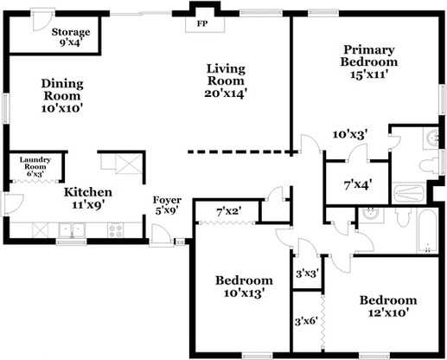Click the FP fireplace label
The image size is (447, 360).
click(202, 23)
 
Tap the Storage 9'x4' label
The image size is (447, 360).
click(71, 37)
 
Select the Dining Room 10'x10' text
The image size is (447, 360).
click(62, 96)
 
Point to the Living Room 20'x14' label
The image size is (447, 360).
click(226, 81)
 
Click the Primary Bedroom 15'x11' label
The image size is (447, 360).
click(369, 62)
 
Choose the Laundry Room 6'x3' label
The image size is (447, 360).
click(35, 167)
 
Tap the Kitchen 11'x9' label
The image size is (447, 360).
click(88, 198)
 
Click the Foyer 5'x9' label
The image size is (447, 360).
click(167, 205)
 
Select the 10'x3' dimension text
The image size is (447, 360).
click(350, 134)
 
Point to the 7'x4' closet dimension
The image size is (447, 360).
click(358, 185)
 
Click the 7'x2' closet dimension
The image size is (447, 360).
click(229, 212)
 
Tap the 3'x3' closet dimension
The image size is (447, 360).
click(307, 273)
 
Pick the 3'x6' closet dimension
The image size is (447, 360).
click(306, 321)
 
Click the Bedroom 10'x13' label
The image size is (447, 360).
click(244, 286)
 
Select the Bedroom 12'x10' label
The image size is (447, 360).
click(388, 306)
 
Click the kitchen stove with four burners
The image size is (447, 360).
click(116, 230)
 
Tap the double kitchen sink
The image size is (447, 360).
click(72, 230)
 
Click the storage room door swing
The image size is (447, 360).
click(42, 21)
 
